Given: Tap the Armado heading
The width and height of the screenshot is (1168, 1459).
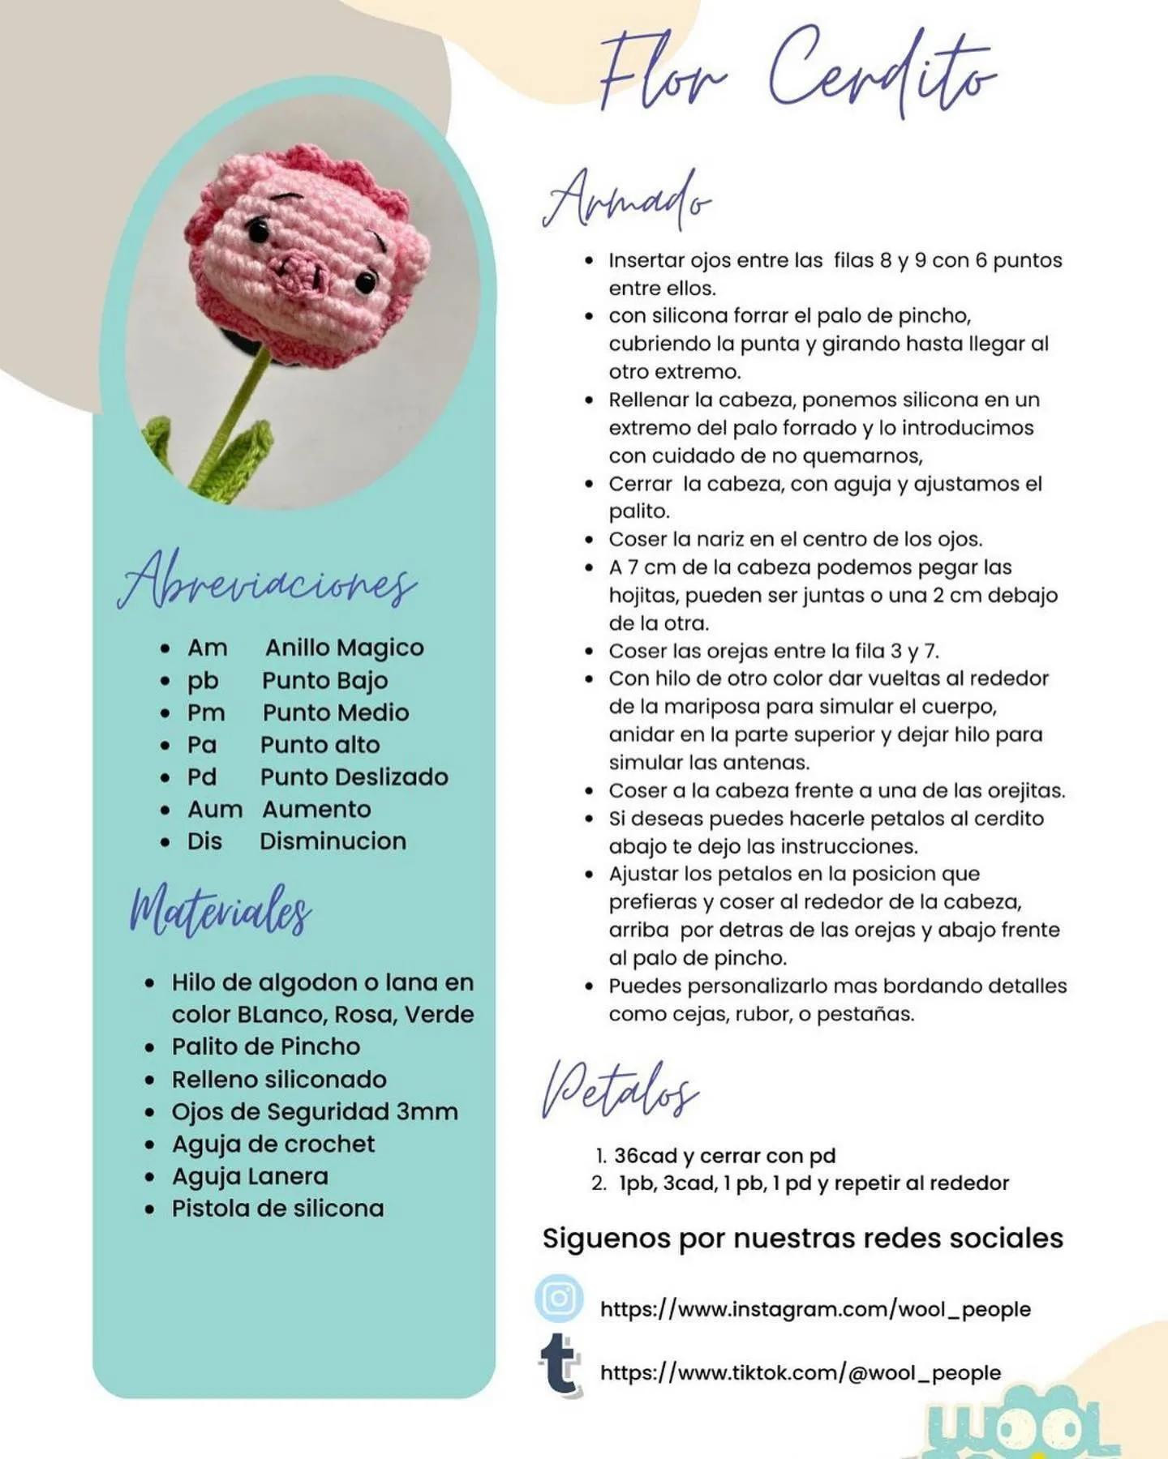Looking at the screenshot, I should pos(626,199).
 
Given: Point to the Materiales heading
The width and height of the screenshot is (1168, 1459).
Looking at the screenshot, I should pos(220,911).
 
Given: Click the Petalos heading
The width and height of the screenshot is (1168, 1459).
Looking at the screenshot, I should pos(620,1091).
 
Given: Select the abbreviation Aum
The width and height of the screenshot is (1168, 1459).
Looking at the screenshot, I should pos(215,809).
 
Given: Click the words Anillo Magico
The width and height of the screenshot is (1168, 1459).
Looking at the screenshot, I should pos(344,648).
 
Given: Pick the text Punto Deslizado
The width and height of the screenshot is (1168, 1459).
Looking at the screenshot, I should pos(354,777).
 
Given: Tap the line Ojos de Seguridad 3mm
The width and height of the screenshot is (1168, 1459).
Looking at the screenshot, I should pos(315,1111).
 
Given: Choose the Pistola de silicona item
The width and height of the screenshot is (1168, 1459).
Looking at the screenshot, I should pos(277,1209).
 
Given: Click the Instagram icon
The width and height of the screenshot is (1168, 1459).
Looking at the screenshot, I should pos(559,1298).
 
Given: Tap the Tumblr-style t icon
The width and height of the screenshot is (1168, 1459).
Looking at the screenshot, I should pos(560,1365).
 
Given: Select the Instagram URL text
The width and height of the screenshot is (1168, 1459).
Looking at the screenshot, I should pos(815,1309).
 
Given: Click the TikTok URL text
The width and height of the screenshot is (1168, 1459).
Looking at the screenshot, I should pos(800,1372).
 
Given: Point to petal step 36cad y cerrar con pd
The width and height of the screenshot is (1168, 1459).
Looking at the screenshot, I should pos(724,1156).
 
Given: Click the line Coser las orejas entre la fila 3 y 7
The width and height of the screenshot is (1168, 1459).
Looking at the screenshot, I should pos(774,651).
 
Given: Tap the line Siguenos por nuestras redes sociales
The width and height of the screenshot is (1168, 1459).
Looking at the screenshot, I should pos(802,1239).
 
